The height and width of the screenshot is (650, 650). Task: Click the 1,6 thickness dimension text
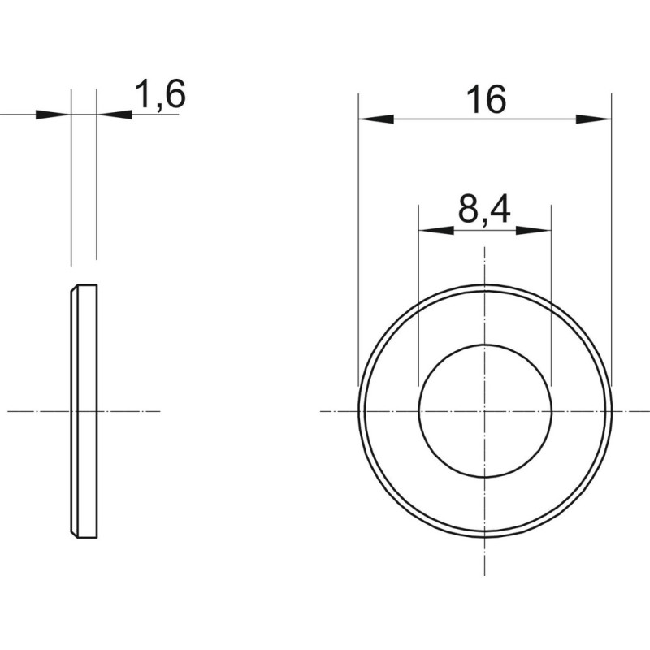tap(160, 95)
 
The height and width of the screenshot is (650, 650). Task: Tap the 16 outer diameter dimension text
tap(486, 99)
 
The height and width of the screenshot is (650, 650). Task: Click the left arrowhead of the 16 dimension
tap(376, 119)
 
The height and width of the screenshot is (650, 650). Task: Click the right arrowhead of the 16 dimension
tap(594, 119)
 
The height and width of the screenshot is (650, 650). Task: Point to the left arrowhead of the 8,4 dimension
tap(436, 231)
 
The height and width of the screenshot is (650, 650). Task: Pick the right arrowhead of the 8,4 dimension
tap(534, 231)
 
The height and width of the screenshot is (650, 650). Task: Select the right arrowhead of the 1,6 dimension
tap(115, 114)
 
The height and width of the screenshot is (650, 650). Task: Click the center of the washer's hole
tap(485, 411)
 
